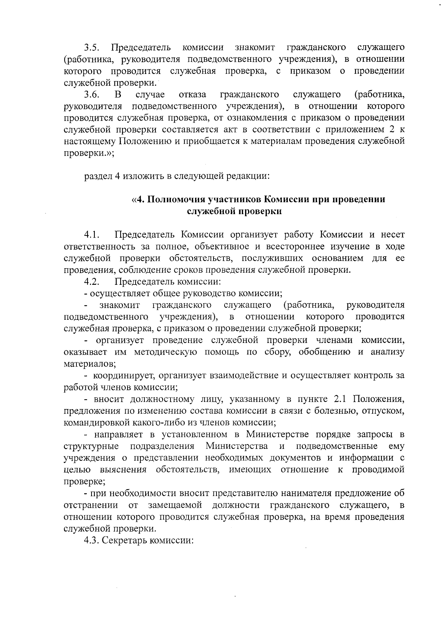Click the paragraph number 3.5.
tap(92, 48)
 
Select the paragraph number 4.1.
tap(92, 234)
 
